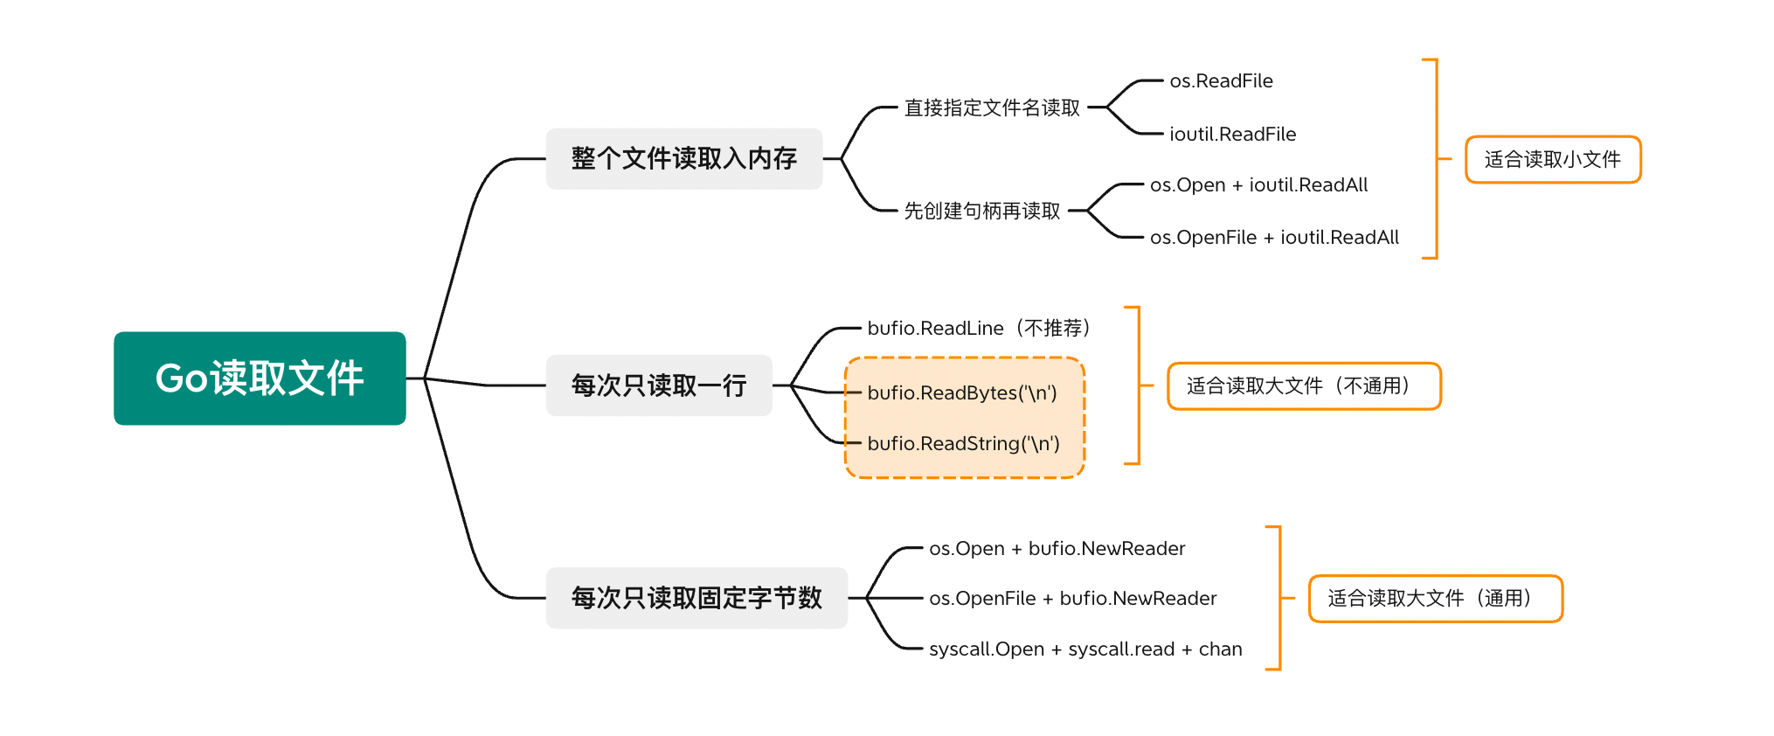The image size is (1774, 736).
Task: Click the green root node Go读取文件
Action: point(260,378)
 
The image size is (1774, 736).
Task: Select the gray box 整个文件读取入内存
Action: point(683,159)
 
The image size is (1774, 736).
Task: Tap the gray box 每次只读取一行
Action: point(658,385)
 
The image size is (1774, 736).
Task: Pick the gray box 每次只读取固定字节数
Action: point(696,598)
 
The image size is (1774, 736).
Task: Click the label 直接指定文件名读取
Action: point(992,108)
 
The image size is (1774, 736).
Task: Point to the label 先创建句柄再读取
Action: point(981,212)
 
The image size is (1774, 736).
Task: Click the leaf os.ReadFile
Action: point(1221,81)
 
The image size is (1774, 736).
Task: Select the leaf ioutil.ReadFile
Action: point(1232,135)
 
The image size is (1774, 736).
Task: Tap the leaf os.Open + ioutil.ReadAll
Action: point(1258,185)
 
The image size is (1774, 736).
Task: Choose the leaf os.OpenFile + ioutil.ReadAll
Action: point(1274,238)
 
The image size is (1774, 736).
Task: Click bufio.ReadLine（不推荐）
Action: point(979,329)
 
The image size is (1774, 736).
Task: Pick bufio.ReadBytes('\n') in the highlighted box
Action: point(962,393)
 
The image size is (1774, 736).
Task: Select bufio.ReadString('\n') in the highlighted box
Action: point(963,444)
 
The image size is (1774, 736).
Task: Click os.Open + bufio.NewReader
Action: point(1057,549)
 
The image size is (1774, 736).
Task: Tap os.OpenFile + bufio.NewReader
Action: point(1072,599)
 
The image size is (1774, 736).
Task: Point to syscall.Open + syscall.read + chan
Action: point(1084,649)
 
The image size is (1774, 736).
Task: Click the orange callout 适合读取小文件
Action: point(1552,160)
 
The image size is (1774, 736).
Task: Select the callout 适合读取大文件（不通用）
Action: point(1303,386)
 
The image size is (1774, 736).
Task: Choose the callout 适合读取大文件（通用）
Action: point(1434,599)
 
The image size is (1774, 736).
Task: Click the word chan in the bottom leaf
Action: point(1220,649)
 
